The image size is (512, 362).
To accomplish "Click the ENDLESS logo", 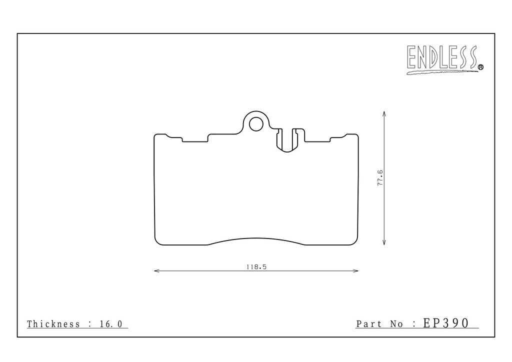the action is click(444, 59).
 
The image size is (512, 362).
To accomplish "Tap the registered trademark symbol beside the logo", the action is click(480, 67).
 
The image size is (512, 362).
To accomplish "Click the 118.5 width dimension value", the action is click(256, 266).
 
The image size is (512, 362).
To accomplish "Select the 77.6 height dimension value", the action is click(380, 178).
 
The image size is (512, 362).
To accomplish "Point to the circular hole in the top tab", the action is click(256, 124).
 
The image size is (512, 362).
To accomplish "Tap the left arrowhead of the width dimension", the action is click(156, 270).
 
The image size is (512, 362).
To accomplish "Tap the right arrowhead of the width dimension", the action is click(355, 270).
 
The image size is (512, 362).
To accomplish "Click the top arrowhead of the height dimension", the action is click(384, 114).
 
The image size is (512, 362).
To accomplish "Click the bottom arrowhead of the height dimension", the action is click(384, 242).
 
